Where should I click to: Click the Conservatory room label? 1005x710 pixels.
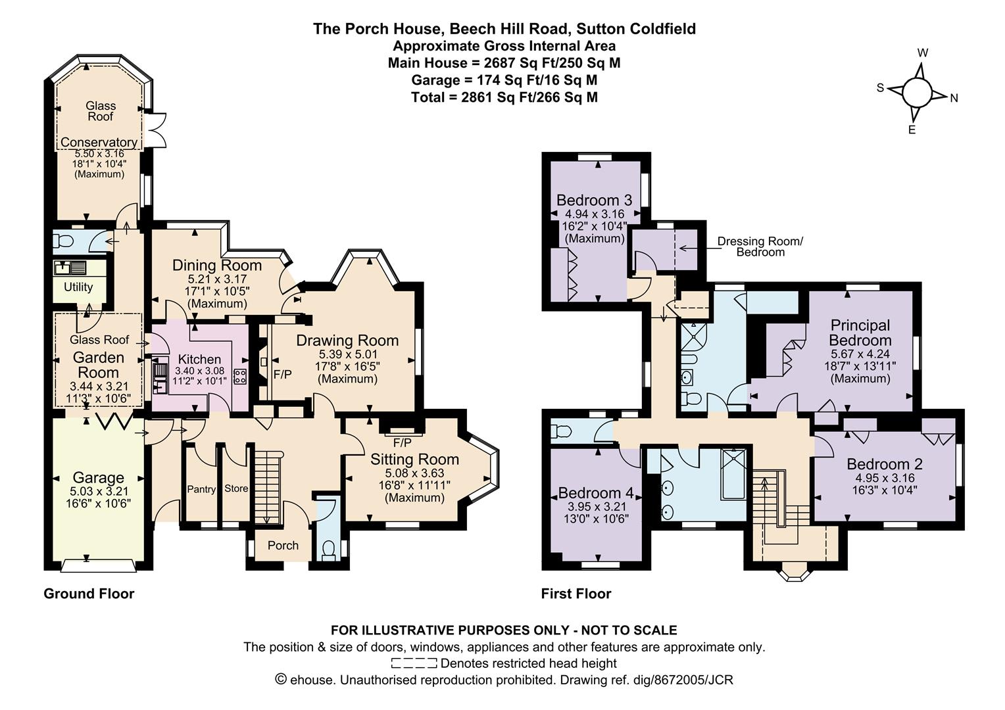99,142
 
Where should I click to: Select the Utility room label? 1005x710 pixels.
78,287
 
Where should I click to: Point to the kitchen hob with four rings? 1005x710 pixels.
240,377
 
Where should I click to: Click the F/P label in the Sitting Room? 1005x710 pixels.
402,442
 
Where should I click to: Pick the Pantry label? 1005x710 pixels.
201,489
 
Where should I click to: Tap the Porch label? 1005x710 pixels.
283,546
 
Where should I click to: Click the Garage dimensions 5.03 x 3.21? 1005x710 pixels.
98,491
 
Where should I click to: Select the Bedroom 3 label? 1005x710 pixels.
595,200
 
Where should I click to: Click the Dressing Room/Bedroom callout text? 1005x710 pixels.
760,247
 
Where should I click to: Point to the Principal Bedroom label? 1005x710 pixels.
860,333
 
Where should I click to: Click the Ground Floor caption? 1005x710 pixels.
89,594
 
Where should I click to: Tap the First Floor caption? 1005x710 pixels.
576,594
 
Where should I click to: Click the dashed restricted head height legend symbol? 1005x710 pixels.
414,663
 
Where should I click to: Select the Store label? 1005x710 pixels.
236,488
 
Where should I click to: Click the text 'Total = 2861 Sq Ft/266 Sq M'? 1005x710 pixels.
504,97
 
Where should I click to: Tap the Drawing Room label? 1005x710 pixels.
347,341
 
